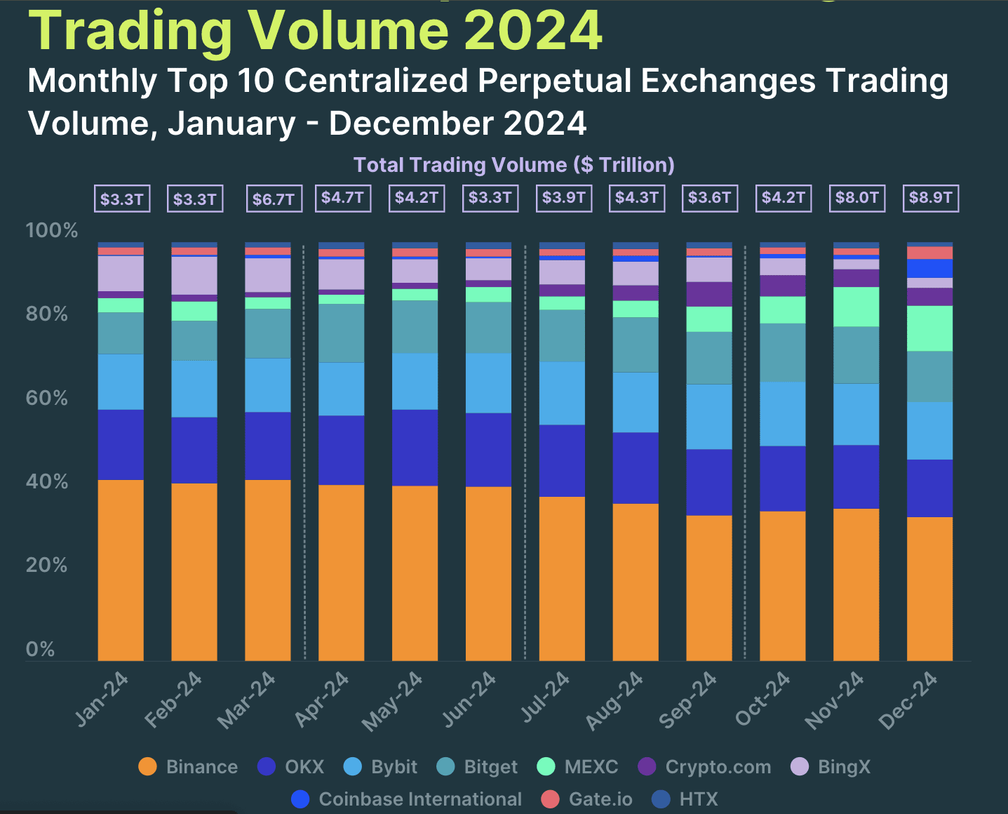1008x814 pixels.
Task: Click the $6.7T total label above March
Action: [x=273, y=199]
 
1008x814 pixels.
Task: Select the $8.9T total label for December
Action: [x=930, y=198]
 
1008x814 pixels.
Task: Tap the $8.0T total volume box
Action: [x=856, y=198]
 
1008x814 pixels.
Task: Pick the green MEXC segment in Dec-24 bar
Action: [x=929, y=328]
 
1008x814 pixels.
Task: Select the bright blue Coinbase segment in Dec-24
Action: [x=929, y=269]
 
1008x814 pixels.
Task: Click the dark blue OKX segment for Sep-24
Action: [x=709, y=482]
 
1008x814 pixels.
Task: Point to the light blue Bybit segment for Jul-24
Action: [x=562, y=393]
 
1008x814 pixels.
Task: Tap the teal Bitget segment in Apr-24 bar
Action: [x=342, y=333]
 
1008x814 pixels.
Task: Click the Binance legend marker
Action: [x=148, y=767]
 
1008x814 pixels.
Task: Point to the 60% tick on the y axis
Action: [x=47, y=398]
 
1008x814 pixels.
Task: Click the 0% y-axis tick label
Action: [x=40, y=649]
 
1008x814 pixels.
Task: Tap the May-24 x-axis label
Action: [x=393, y=701]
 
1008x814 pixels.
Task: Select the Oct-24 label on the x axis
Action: [x=763, y=699]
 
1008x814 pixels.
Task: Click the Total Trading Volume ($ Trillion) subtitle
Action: [x=513, y=165]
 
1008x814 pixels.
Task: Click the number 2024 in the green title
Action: [x=533, y=31]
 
